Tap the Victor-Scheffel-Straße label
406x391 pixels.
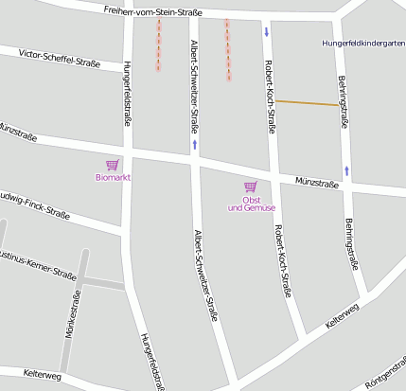[59, 60]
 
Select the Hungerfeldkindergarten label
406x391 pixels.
[362, 43]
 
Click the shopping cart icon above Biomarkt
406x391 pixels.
[113, 165]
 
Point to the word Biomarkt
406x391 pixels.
[113, 177]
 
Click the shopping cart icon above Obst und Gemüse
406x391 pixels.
[251, 187]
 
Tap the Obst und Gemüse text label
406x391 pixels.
[252, 204]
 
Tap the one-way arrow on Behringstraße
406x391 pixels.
[347, 170]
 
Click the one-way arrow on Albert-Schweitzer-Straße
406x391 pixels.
[194, 144]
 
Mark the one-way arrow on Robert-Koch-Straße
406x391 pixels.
[267, 31]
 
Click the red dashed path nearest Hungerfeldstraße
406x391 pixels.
[158, 44]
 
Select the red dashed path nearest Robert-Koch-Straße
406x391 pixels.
[227, 49]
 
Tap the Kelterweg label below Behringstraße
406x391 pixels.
[342, 315]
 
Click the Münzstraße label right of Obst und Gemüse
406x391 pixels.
[316, 180]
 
